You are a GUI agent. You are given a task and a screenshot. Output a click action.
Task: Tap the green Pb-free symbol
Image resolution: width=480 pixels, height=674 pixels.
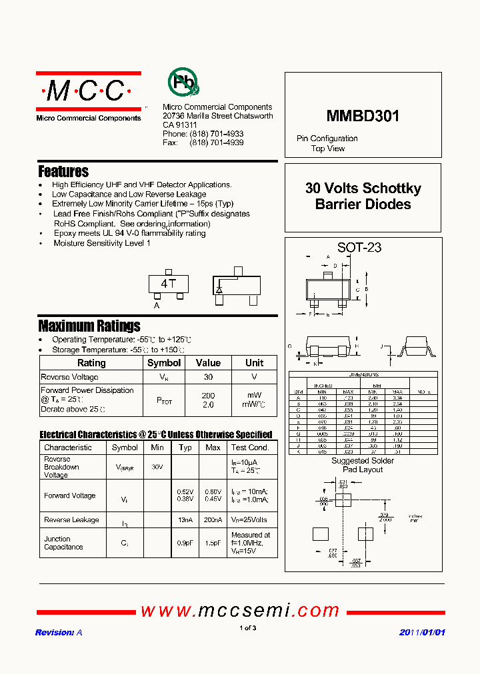(x=183, y=83)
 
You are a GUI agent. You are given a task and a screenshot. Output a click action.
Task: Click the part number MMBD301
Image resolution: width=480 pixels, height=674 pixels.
(x=363, y=117)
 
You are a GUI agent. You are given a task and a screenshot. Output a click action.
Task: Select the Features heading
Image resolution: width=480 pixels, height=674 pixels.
(x=63, y=171)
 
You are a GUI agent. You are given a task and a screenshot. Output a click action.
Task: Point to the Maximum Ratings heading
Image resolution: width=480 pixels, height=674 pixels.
(x=89, y=326)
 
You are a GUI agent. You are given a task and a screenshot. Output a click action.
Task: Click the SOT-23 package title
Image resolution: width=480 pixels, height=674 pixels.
(x=359, y=247)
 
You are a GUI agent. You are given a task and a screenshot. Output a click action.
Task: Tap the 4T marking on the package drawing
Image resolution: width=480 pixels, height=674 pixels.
(x=168, y=284)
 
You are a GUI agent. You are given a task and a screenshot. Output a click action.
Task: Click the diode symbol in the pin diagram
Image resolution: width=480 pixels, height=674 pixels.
(x=219, y=290)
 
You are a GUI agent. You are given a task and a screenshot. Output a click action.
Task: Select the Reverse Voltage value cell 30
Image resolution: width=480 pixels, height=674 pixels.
(x=208, y=377)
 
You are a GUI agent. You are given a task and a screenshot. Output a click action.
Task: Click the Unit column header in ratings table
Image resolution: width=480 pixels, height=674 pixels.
(x=254, y=363)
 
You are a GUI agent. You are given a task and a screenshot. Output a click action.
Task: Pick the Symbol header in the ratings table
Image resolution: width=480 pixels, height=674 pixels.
(x=163, y=363)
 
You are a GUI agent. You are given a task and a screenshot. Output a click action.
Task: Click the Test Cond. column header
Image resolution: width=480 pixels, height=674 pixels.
(x=250, y=448)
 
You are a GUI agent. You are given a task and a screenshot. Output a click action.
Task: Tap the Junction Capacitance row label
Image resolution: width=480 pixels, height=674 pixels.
(x=63, y=543)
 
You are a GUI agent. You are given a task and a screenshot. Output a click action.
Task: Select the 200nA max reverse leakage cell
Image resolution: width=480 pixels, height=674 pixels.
(x=213, y=519)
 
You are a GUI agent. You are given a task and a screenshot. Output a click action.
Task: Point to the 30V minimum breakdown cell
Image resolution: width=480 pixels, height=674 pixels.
(x=157, y=467)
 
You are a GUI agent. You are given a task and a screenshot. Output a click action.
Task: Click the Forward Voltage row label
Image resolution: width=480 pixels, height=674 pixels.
(x=69, y=496)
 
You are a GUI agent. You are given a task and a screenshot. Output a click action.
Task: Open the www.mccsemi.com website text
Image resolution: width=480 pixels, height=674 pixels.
(x=240, y=610)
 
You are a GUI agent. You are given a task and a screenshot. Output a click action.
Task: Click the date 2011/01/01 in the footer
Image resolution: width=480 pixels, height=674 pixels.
(x=421, y=632)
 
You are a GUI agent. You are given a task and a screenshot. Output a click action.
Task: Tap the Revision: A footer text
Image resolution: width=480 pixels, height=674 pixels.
(x=59, y=632)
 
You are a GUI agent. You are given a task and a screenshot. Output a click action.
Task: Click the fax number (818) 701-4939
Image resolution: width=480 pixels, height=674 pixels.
(x=217, y=143)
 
